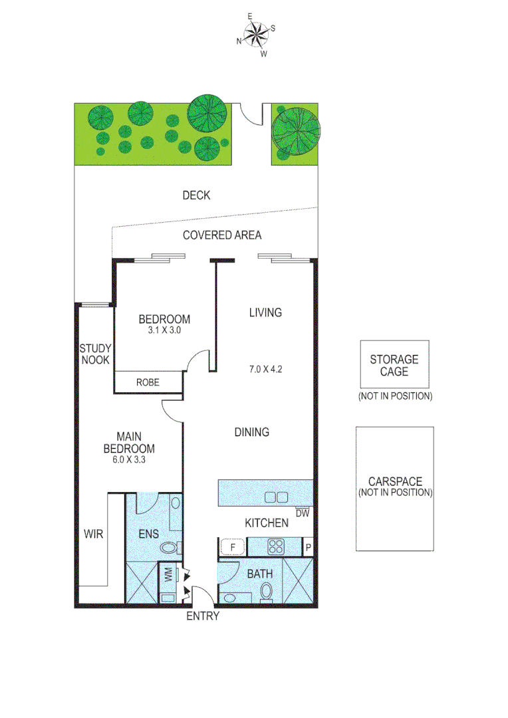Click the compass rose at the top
255,33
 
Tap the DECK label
196,195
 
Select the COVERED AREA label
222,235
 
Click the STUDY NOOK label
96,354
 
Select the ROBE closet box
148,382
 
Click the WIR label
93,533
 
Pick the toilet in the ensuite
170,548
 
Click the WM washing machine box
168,574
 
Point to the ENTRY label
202,616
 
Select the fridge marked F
233,547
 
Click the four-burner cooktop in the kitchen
276,547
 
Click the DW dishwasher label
303,513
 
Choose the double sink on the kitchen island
276,497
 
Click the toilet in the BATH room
267,590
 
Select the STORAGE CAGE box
394,364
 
